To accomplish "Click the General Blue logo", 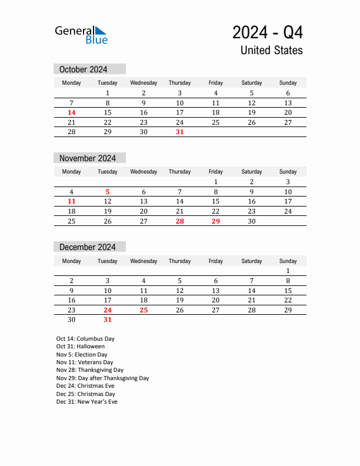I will point(81,35).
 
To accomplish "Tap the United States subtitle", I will point(271,51).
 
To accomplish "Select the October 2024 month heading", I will point(83,69).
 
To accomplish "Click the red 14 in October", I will point(72,112).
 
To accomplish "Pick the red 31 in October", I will point(179,132).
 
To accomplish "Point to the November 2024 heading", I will point(88,158).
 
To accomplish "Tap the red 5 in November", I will point(108,192).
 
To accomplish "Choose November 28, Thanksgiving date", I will point(179,221).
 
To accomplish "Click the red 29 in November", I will point(215,221).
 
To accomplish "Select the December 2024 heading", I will point(88,247).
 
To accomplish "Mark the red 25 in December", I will point(144,310).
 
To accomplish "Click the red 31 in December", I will point(108,320).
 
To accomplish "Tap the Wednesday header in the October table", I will point(144,83).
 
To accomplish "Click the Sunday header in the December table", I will point(288,261).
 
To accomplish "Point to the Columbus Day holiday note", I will point(85,339).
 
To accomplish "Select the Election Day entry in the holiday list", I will point(82,355).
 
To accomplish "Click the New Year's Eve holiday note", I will point(87,402).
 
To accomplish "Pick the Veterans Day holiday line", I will point(85,362).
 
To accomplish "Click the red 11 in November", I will point(72,201).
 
